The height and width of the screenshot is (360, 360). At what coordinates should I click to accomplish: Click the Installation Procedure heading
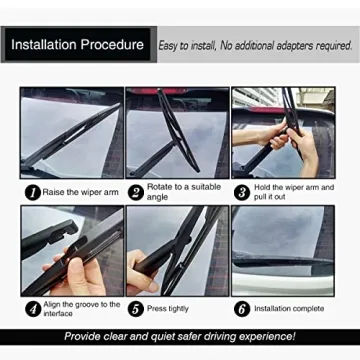click(78, 45)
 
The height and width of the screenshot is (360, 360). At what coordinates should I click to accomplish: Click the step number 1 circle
click(32, 192)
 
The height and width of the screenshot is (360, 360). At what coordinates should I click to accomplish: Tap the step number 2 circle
click(135, 192)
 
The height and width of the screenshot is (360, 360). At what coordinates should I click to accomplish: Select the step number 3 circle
click(241, 192)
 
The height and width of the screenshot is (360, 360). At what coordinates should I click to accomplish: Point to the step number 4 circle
click(32, 309)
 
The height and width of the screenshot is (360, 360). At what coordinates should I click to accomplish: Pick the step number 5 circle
click(135, 309)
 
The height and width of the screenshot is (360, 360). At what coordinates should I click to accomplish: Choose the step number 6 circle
click(241, 309)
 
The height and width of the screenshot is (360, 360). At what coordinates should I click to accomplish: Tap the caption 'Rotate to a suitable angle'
click(182, 191)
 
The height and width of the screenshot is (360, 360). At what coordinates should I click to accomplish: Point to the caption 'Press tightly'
click(171, 309)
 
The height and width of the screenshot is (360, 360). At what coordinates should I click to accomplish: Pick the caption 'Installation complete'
click(291, 309)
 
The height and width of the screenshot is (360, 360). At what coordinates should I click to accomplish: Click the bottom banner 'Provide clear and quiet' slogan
click(180, 336)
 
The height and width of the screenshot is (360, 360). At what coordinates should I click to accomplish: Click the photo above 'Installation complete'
click(283, 250)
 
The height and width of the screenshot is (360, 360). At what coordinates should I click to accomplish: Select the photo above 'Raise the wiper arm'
click(72, 133)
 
